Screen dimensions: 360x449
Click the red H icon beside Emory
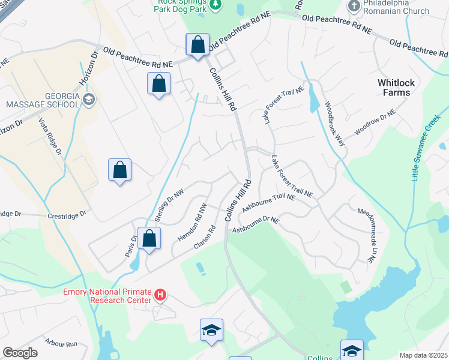[x=160, y=295]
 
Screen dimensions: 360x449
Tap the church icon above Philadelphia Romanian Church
[x=354, y=5]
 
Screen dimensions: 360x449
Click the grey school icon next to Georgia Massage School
[x=89, y=99]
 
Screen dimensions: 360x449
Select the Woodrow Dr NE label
[x=375, y=122]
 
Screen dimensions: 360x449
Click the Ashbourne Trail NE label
[x=269, y=202]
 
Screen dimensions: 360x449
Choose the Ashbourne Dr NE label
[x=256, y=225]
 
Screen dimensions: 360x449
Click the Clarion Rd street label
[x=204, y=238]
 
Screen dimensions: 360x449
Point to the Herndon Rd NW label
[x=192, y=222]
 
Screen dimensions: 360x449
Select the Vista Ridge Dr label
[x=51, y=136]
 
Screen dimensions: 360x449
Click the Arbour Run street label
[x=61, y=344]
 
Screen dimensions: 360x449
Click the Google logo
[x=20, y=352]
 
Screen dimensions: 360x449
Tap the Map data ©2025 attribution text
[x=423, y=355]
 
